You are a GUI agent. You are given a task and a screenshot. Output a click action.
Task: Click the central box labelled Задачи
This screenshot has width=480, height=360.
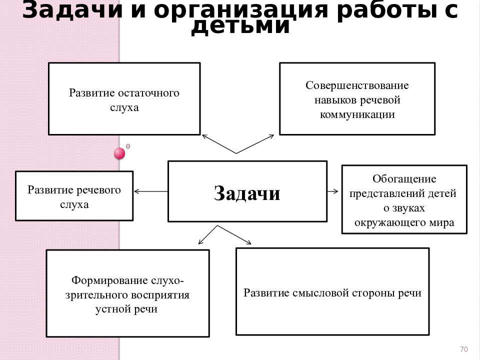point(247,191)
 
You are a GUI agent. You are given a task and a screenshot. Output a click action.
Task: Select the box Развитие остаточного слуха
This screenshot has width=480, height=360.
point(124,98)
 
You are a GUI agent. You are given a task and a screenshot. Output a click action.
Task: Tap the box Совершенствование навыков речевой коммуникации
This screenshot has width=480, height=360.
point(357,98)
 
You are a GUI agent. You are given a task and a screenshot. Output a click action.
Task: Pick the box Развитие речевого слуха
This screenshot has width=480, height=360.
point(74,196)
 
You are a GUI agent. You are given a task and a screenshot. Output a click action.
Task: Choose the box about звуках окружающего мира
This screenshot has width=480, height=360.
point(404,199)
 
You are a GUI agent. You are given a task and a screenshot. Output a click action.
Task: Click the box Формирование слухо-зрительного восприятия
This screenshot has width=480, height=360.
point(127,293)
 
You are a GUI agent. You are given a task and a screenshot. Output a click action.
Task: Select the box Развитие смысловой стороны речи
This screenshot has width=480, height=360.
point(332,291)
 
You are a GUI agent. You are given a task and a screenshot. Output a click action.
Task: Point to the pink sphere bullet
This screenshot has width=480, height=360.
point(119,153)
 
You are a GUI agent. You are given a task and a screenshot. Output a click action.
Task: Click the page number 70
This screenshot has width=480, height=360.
point(464,349)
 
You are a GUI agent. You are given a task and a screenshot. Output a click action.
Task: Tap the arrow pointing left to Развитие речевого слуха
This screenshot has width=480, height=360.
point(151,191)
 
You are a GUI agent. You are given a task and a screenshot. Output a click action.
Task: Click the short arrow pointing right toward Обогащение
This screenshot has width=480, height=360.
point(333,191)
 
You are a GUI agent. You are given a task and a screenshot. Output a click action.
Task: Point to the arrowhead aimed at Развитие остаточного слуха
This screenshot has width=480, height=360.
point(203,136)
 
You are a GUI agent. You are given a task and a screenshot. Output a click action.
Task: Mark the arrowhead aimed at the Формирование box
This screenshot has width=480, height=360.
point(199,243)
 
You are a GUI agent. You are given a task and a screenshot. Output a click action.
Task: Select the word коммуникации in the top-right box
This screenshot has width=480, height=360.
point(357,114)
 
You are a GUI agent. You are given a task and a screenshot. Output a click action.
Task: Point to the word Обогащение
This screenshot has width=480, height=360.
point(404,179)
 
